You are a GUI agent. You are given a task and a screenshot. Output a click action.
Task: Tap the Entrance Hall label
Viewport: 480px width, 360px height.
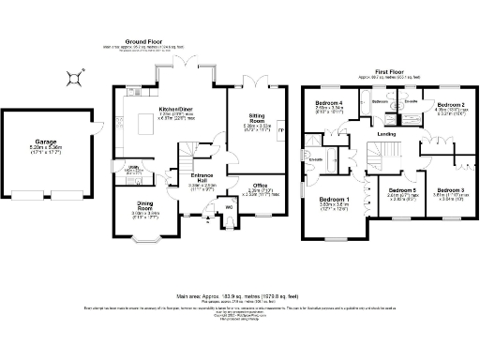[x=202, y=182]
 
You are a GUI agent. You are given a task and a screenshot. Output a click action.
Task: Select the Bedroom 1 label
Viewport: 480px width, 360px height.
[x=335, y=202]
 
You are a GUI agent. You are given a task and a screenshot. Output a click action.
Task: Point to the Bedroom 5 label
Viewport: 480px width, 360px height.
[x=402, y=193]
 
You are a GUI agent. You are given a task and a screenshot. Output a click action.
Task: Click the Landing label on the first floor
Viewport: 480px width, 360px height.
[x=385, y=135]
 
